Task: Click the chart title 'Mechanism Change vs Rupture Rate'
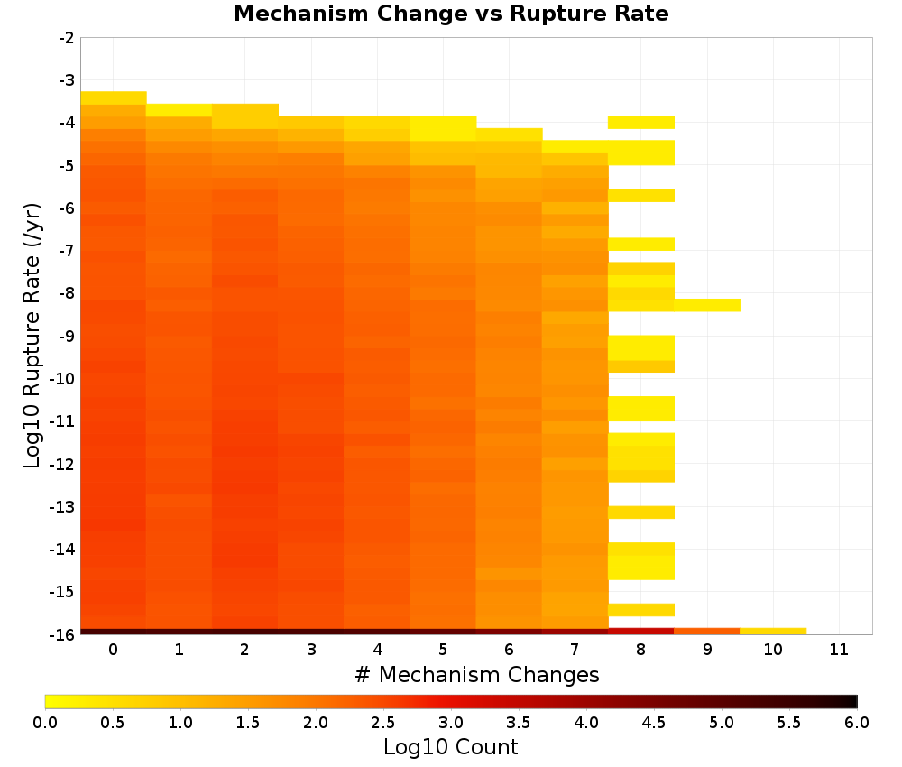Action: (451, 14)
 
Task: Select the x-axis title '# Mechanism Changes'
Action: (477, 674)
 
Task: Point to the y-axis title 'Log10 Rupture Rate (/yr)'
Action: (32, 336)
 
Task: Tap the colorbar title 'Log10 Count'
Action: (450, 747)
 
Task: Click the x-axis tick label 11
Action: (839, 650)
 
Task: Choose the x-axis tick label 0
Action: (114, 650)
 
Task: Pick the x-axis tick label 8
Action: (640, 650)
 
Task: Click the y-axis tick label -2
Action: (67, 38)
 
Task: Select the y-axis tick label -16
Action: (63, 634)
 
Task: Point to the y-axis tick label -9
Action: (67, 336)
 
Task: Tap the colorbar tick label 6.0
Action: (857, 722)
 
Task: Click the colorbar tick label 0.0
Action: (45, 722)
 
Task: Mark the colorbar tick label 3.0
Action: (451, 722)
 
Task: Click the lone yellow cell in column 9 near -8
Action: (707, 306)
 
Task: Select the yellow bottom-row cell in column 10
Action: (773, 632)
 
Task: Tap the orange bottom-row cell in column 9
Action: (707, 632)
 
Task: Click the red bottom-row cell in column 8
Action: (640, 632)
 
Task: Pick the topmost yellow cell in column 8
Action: (640, 122)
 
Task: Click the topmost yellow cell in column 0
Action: (114, 97)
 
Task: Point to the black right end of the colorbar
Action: (853, 701)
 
